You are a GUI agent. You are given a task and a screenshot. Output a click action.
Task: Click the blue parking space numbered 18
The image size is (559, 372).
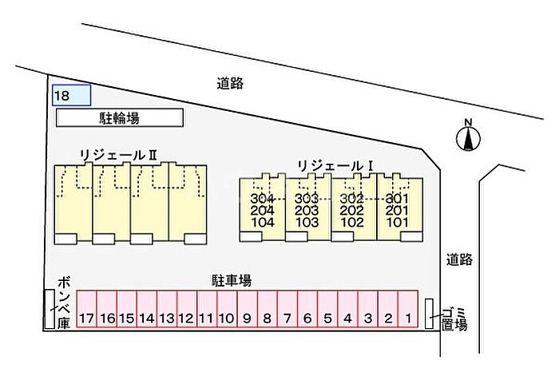71,95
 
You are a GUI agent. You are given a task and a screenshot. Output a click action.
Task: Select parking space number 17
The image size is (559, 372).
86,309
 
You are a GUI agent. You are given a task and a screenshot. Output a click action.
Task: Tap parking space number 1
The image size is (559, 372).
408,309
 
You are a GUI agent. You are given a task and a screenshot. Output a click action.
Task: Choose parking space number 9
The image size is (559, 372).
248,309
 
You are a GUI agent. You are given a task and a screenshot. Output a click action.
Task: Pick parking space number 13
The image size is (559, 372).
167,309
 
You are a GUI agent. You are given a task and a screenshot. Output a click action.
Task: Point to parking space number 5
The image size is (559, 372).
327,309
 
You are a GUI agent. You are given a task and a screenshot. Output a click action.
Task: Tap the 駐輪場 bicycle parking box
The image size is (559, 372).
120,117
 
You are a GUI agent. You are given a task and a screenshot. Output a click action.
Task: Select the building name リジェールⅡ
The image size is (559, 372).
119,156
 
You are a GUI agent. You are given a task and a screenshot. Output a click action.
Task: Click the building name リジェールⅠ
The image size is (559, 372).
335,166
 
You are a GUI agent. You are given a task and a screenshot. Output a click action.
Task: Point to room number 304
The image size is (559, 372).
263,198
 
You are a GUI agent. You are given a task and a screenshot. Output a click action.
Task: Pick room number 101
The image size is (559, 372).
397,223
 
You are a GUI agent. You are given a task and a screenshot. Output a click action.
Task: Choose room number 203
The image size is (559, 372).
307,210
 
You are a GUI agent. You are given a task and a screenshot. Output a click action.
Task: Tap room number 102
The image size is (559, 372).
352,223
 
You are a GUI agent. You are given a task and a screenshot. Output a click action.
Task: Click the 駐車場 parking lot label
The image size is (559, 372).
232,280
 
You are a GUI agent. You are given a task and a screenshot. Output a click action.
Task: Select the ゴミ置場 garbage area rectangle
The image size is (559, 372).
430,314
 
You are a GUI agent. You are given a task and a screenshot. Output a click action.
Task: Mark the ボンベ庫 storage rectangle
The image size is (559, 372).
50,309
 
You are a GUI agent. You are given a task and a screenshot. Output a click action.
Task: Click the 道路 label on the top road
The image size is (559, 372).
230,83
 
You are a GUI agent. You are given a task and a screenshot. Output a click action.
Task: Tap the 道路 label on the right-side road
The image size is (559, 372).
460,259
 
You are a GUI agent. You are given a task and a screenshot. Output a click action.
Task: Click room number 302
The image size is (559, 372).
352,198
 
